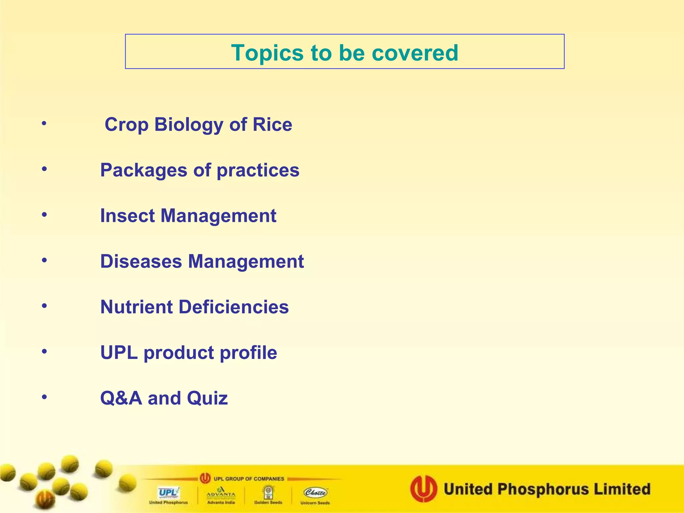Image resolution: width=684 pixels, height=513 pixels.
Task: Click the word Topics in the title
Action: pos(267,53)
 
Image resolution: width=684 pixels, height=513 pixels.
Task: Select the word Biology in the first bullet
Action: pos(189,125)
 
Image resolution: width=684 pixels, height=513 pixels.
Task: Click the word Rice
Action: pos(272,125)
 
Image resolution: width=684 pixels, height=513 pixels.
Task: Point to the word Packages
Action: pos(144,170)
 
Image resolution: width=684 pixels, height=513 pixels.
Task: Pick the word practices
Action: pos(258,170)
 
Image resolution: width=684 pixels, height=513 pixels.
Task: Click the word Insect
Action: pos(127,216)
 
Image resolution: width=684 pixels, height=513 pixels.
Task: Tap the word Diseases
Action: pos(141,261)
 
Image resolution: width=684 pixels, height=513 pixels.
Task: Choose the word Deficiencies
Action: pos(234,307)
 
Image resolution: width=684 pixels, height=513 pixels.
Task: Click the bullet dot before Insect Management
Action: pos(44,215)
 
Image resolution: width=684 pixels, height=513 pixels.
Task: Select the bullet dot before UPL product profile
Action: pos(44,351)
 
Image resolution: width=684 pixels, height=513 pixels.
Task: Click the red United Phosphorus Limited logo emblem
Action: pos(423,489)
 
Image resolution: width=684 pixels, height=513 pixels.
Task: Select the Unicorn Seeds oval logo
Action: pos(315,493)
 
